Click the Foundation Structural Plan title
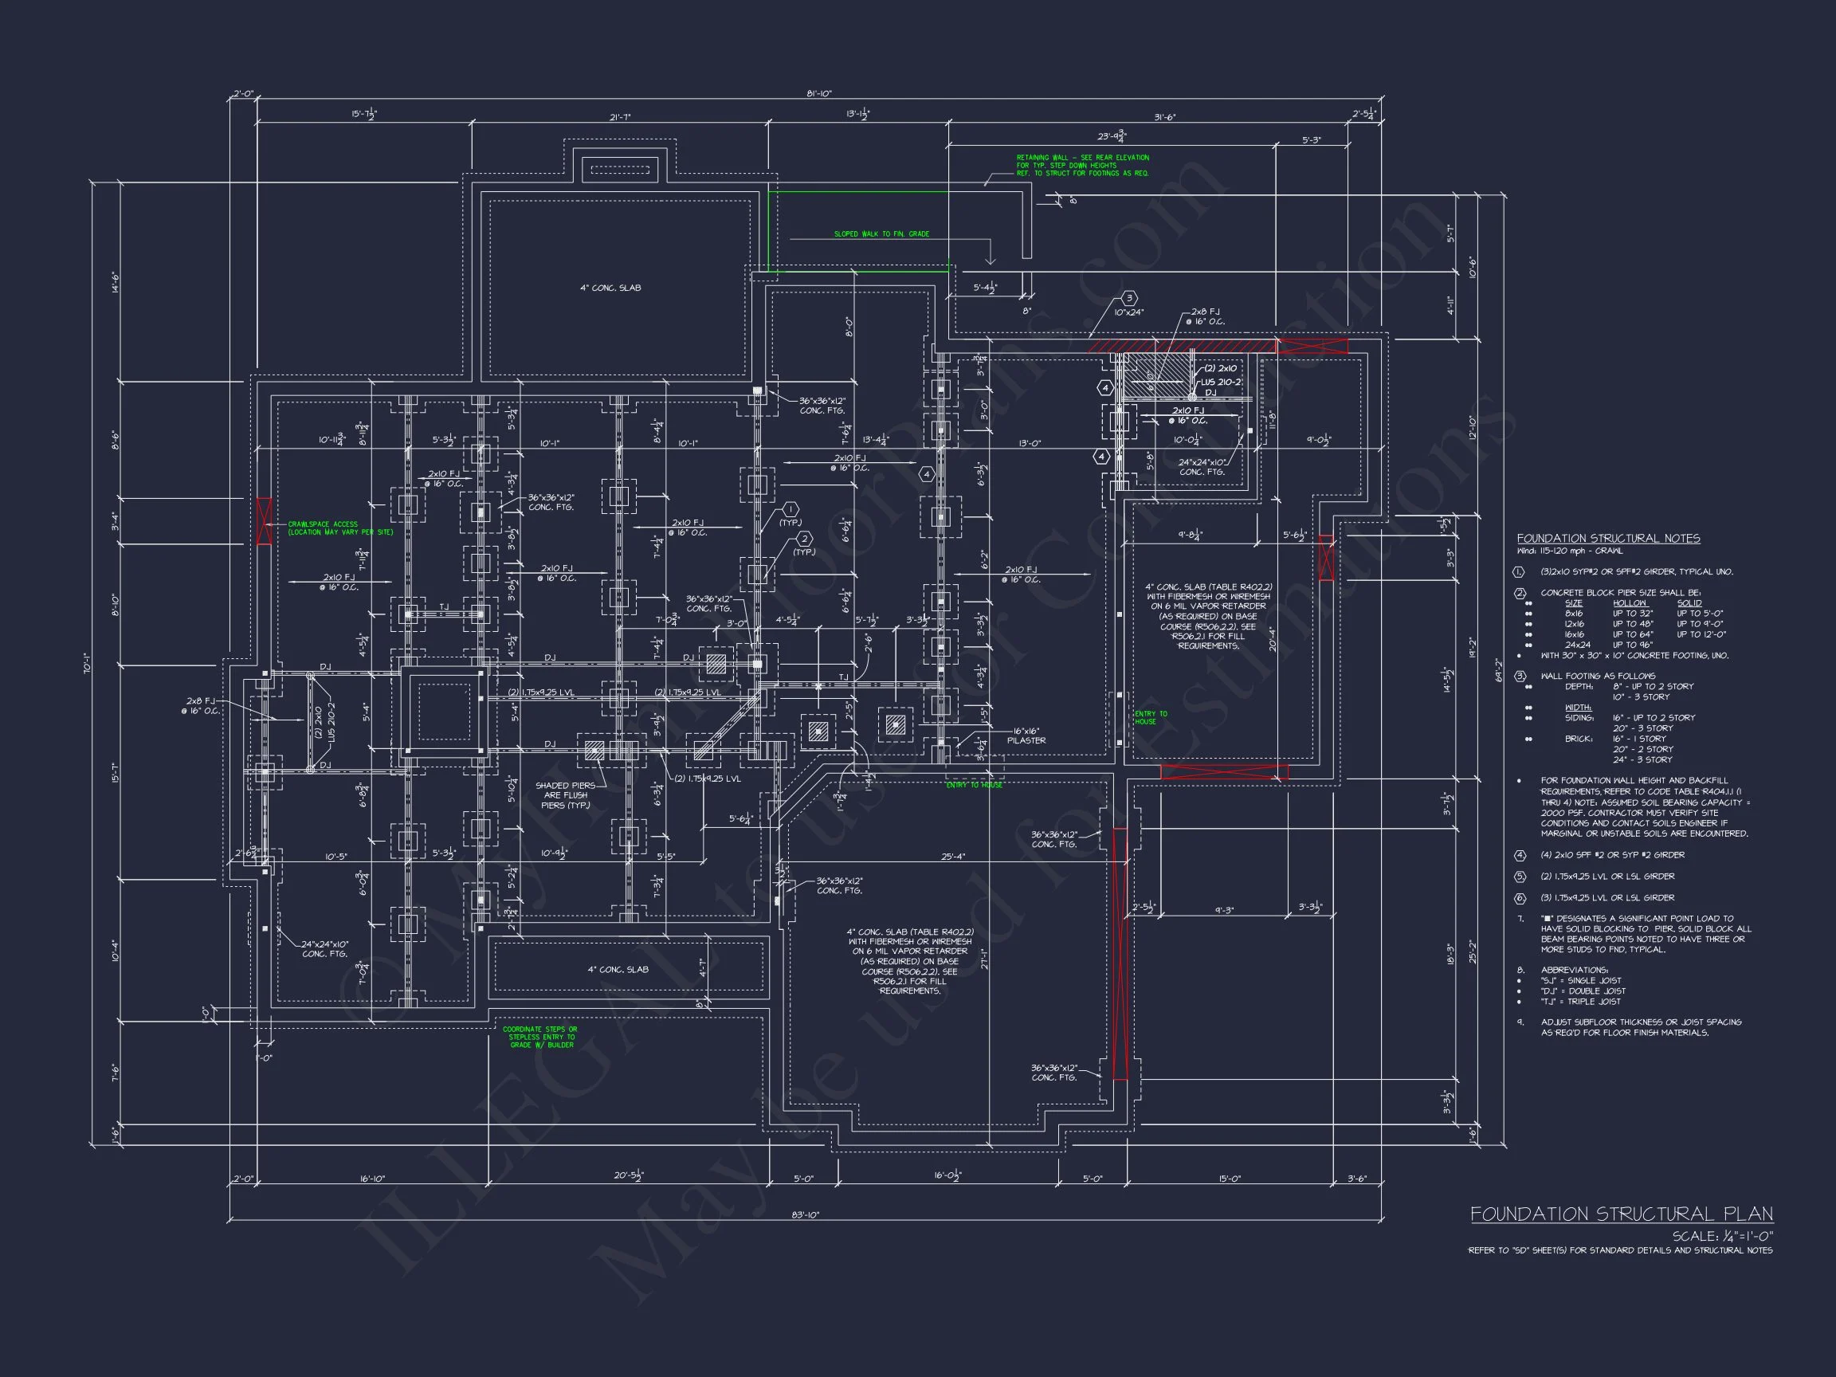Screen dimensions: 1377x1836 coord(1621,1214)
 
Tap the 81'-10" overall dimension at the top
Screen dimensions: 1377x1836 coord(818,94)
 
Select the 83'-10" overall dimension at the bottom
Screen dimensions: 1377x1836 coord(804,1214)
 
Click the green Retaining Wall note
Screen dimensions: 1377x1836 coord(1082,165)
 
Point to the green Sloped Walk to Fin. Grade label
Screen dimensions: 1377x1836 coord(881,234)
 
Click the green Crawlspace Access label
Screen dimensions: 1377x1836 coord(339,528)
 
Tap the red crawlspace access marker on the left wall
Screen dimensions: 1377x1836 coord(264,521)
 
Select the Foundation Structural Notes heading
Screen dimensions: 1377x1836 coord(1608,539)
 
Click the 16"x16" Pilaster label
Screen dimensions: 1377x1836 coord(1026,736)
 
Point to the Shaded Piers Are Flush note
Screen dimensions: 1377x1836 coord(565,795)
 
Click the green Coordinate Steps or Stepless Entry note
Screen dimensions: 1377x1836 coord(539,1037)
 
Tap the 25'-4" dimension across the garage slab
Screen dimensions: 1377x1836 coord(953,857)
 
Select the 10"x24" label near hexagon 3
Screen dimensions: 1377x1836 coord(1129,313)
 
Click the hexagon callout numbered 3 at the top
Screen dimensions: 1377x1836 coord(1129,298)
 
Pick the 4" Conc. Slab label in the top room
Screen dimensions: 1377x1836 coord(610,288)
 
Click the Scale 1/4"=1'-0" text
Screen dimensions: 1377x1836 coord(1722,1236)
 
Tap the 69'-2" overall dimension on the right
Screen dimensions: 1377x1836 coord(1497,671)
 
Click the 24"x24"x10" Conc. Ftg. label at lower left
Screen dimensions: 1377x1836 coord(324,949)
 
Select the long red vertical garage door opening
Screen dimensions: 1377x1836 coord(1119,954)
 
